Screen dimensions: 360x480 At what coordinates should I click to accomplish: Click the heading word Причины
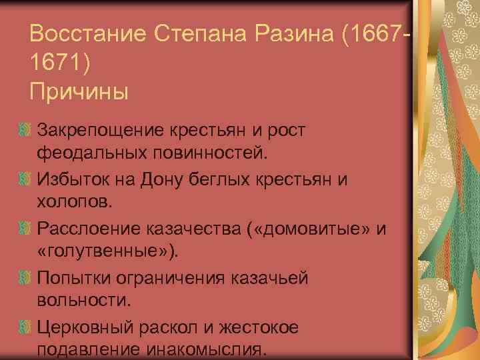click(79, 91)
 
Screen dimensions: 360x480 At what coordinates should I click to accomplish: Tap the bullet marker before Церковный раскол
click(25, 327)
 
